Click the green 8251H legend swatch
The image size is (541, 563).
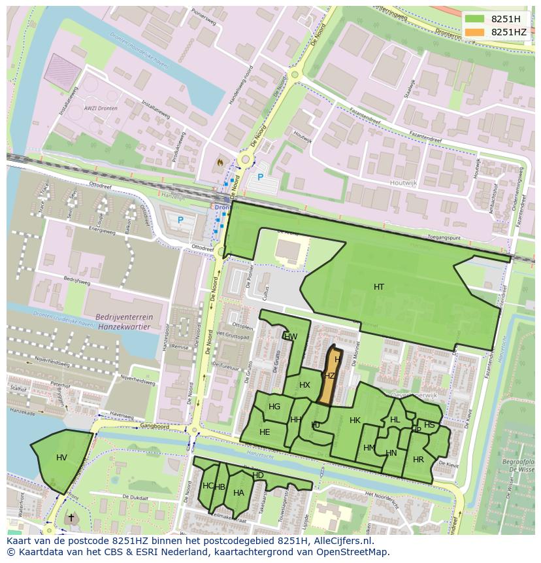click(476, 19)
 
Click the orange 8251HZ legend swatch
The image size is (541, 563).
click(476, 32)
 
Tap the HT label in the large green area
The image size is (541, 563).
click(379, 287)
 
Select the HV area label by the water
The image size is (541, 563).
click(61, 457)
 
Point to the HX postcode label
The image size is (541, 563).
click(304, 385)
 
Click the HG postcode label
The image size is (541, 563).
click(274, 407)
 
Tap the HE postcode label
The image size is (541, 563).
click(265, 432)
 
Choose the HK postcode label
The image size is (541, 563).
click(355, 420)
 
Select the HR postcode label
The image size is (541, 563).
click(418, 460)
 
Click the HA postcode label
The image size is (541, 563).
click(238, 493)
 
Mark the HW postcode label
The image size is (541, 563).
click(291, 337)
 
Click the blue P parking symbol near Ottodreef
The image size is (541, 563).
click(180, 220)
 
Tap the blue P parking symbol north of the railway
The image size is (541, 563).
click(259, 177)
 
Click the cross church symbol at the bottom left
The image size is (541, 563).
click(71, 518)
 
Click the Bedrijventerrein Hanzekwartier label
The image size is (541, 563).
click(123, 320)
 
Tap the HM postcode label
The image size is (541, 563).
click(369, 448)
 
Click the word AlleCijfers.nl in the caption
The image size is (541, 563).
click(350, 541)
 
